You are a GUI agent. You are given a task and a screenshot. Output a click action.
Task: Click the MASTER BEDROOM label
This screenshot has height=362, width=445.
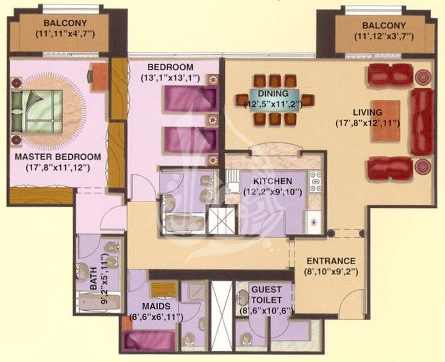[x=58, y=157]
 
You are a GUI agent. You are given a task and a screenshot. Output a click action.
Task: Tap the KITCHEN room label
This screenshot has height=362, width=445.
[x=273, y=181]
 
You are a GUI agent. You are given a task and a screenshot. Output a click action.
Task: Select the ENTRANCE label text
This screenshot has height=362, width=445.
[x=331, y=261]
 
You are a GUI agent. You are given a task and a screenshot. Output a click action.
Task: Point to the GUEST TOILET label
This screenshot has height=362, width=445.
[x=266, y=295]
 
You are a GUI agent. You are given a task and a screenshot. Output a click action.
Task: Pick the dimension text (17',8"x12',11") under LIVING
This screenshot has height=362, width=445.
[x=368, y=123]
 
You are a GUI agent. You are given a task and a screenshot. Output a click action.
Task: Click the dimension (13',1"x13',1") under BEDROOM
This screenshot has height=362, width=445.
[x=170, y=78]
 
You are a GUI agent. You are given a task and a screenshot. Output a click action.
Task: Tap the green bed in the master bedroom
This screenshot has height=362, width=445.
[x=37, y=112]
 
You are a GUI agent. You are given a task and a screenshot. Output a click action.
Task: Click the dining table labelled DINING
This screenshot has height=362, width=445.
[x=274, y=99]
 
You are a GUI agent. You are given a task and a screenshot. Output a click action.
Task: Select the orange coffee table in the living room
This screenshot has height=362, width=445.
[x=386, y=120]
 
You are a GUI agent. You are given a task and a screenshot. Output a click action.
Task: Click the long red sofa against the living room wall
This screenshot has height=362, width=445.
[x=422, y=122]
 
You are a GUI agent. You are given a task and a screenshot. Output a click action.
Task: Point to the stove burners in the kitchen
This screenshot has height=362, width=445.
[x=315, y=182]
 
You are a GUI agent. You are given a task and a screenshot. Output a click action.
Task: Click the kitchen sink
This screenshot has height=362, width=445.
[x=232, y=182]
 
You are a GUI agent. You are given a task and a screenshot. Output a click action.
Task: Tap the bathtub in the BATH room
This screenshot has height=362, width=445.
[x=99, y=302]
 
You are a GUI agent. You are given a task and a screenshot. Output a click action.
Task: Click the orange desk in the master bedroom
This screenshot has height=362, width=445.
[x=99, y=77]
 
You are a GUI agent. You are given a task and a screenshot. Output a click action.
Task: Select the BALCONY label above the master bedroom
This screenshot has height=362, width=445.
[x=65, y=22]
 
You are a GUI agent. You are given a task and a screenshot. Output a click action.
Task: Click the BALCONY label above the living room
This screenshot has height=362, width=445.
[x=384, y=26]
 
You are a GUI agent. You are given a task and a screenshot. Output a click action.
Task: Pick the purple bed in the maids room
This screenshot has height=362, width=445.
[x=149, y=341]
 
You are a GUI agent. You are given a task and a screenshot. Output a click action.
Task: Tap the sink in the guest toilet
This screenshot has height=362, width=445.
[x=243, y=297]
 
